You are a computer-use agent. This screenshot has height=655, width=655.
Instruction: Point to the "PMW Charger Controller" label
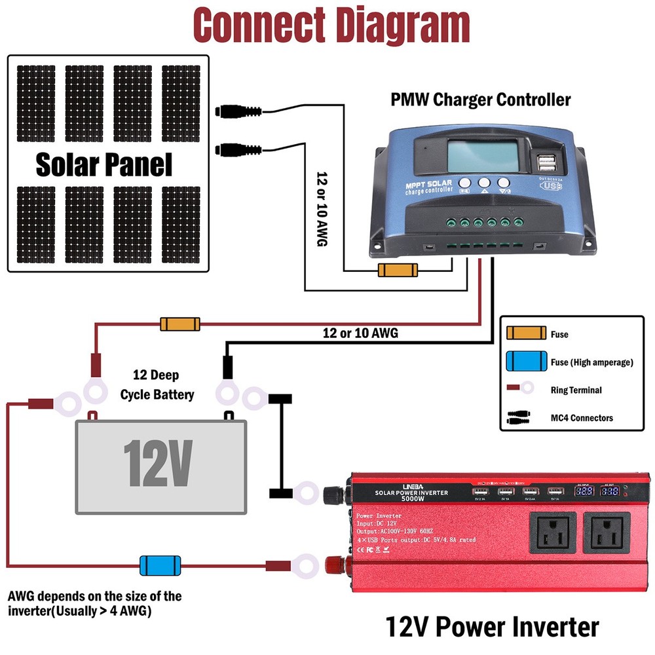tap(481, 100)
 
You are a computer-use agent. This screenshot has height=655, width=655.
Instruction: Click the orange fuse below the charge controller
tap(398, 271)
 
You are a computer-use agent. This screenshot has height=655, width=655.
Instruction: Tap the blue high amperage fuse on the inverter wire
tap(160, 564)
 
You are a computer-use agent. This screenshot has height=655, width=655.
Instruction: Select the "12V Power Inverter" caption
tap(492, 626)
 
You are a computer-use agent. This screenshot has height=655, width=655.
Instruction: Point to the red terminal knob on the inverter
tap(334, 563)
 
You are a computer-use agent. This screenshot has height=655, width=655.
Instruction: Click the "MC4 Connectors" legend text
tap(582, 418)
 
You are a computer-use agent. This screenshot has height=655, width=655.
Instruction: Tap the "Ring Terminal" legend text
tap(576, 390)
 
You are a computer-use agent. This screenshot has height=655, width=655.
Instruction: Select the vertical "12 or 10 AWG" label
tap(321, 209)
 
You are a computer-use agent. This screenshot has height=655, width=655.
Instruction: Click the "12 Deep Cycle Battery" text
tap(158, 385)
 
